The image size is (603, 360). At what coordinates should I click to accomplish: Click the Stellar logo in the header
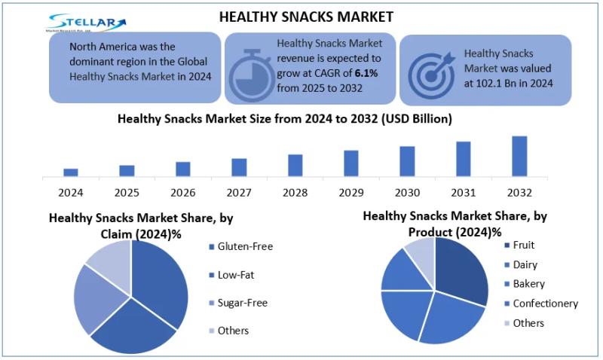(85, 22)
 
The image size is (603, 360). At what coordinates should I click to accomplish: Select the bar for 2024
(71, 172)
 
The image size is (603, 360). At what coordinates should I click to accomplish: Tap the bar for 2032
(519, 156)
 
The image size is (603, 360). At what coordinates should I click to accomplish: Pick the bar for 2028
(295, 165)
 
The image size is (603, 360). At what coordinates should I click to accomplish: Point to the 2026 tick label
(183, 193)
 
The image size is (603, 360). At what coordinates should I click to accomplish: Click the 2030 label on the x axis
(407, 193)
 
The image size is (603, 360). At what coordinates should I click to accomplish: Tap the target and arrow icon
(432, 72)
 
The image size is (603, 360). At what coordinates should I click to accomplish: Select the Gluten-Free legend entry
(245, 246)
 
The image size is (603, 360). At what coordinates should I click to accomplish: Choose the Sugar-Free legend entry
(243, 303)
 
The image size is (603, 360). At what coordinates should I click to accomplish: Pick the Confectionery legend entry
(545, 304)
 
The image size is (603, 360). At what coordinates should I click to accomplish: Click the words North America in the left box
(104, 47)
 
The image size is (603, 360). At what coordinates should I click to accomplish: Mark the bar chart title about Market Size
(285, 119)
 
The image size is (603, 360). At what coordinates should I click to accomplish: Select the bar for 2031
(463, 159)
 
